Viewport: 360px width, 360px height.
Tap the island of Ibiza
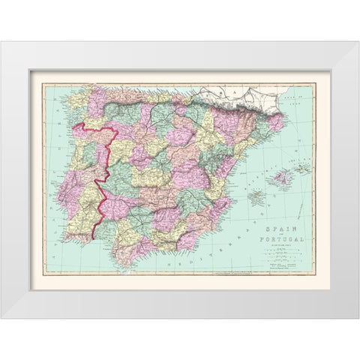255,198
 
